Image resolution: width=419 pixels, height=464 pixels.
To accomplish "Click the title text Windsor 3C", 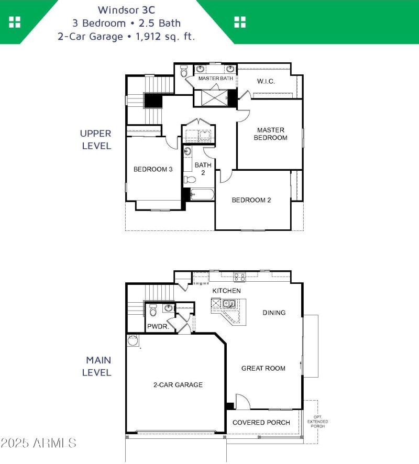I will pos(126,9).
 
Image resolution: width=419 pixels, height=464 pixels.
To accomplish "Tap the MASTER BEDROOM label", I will pos(270,134).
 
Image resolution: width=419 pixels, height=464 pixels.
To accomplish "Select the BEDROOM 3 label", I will pos(153,169).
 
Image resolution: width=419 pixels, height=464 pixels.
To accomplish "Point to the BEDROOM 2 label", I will pos(251,200).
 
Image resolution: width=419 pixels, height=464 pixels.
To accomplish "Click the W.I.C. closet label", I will pos(266,81).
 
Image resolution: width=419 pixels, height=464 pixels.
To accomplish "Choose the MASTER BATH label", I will pos(215,78).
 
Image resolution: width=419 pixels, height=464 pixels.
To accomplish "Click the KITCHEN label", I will pos(226,291).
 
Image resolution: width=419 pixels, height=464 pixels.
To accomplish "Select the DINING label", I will pos(274,313).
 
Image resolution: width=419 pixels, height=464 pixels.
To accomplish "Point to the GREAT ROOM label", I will pos(263,368).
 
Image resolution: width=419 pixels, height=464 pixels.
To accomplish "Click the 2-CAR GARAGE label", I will pos(178,385).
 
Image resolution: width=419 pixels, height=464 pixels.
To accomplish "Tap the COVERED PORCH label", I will pos(261,423).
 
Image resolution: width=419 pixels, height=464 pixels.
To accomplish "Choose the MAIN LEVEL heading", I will pos(98,367).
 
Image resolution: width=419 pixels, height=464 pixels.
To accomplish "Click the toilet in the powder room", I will pos(153,312).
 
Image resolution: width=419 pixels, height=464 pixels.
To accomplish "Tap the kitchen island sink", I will pos(229,303).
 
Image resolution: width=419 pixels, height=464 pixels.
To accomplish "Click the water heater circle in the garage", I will pos(133,341).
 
